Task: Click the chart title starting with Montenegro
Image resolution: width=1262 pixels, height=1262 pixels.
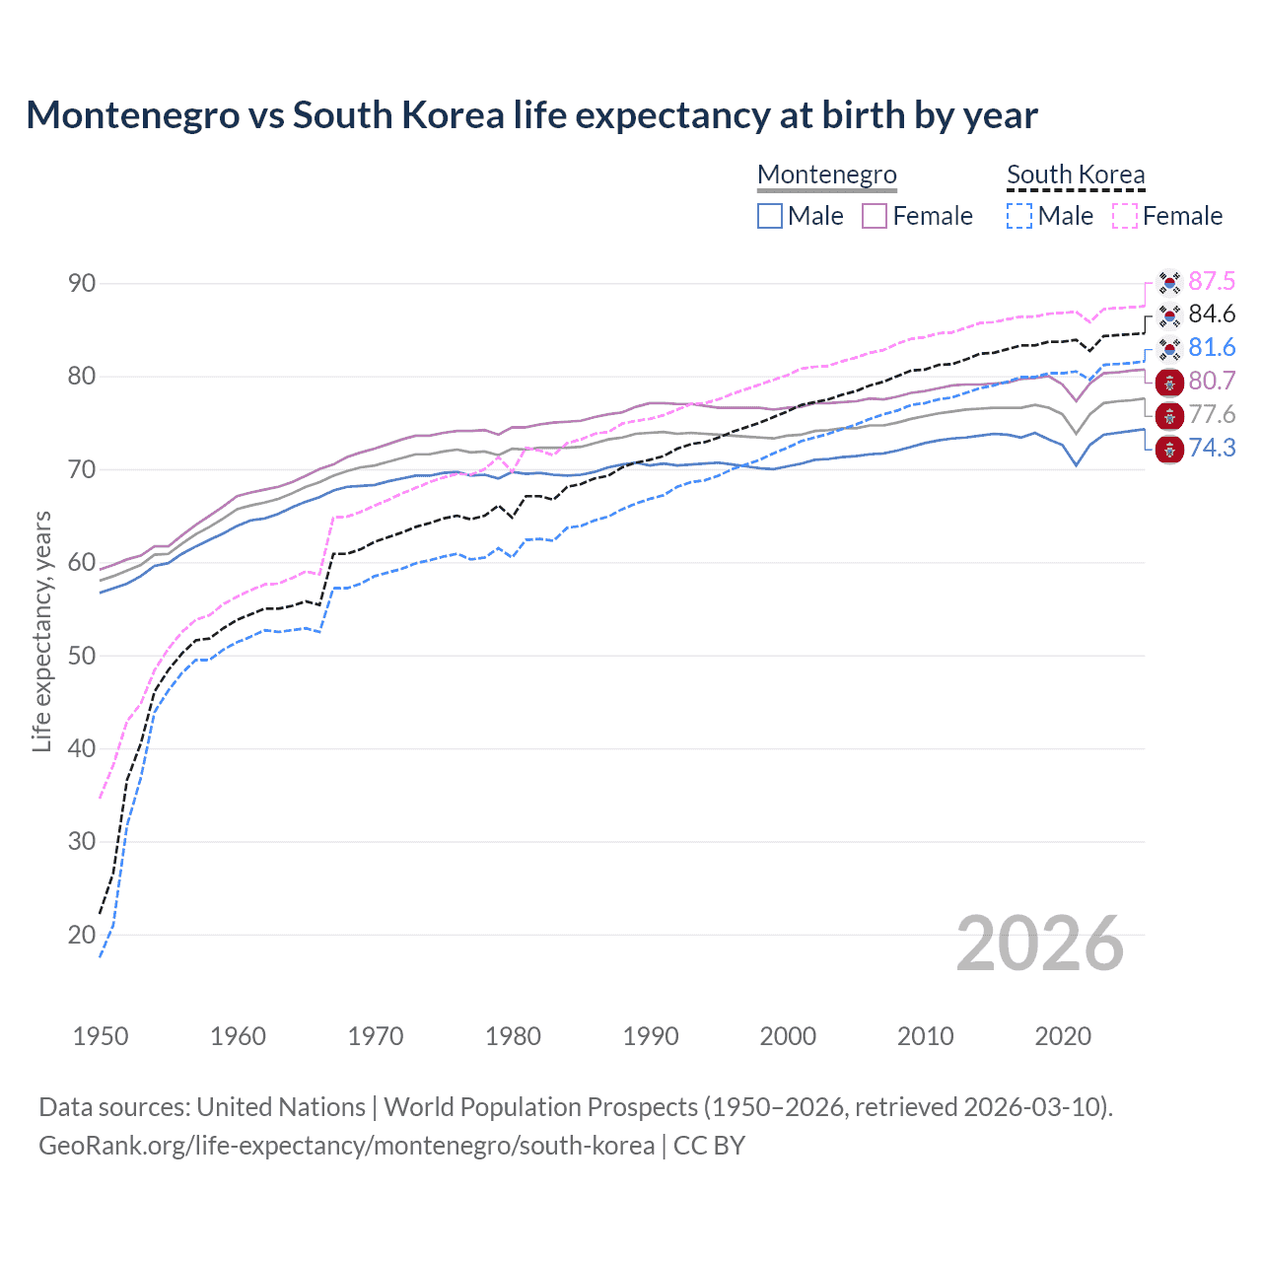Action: pyautogui.click(x=531, y=115)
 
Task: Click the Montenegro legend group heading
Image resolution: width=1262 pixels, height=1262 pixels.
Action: pyautogui.click(x=826, y=175)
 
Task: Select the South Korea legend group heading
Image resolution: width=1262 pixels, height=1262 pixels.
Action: pyautogui.click(x=1075, y=175)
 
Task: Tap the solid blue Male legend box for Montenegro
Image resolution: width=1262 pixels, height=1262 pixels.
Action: pyautogui.click(x=770, y=216)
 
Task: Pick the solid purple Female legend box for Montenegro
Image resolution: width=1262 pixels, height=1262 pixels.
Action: pyautogui.click(x=875, y=216)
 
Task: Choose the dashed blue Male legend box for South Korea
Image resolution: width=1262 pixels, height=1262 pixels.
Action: pyautogui.click(x=1019, y=216)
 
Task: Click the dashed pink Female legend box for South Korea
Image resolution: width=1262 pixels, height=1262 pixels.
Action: pyautogui.click(x=1124, y=216)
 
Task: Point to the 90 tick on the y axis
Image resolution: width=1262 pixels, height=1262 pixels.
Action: pyautogui.click(x=82, y=284)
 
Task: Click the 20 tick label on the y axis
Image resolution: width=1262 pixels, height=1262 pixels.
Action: pyautogui.click(x=82, y=935)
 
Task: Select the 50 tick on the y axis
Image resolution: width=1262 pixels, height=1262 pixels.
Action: pyautogui.click(x=82, y=656)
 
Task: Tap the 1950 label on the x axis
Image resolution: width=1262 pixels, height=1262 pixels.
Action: pyautogui.click(x=101, y=1036)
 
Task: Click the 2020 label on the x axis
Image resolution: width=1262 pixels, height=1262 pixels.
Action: pyautogui.click(x=1063, y=1036)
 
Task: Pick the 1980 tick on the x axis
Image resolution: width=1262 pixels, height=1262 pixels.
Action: pyautogui.click(x=513, y=1036)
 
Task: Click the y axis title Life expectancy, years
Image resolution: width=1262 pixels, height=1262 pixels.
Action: pyautogui.click(x=41, y=631)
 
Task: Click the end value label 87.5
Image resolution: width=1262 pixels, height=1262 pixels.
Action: pyautogui.click(x=1211, y=282)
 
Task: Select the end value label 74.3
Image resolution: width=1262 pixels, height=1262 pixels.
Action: pyautogui.click(x=1211, y=449)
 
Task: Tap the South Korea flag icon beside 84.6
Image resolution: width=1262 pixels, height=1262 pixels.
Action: pyautogui.click(x=1169, y=315)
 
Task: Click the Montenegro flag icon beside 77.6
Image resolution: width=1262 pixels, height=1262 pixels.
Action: pyautogui.click(x=1169, y=415)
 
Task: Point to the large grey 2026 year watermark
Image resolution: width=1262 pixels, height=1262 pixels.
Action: pyautogui.click(x=1039, y=944)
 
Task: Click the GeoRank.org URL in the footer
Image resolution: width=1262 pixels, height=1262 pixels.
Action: pyautogui.click(x=346, y=1146)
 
